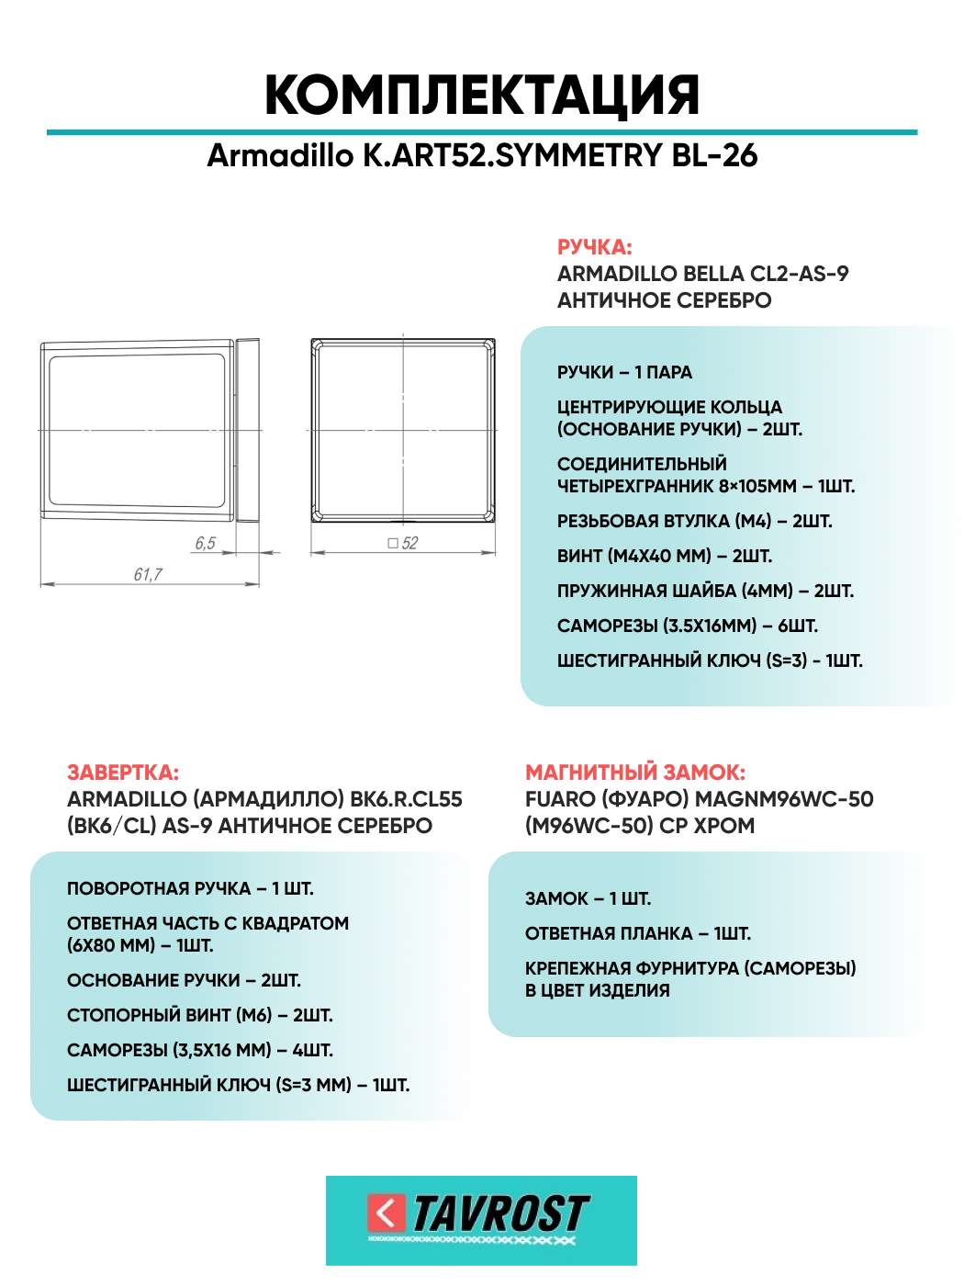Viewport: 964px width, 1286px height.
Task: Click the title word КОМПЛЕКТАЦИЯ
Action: pos(482,95)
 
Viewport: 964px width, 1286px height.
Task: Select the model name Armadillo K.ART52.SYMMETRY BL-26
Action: pos(482,155)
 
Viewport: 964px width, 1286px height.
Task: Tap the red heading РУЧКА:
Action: pos(594,247)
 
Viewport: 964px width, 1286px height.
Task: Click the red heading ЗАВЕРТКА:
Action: pos(123,773)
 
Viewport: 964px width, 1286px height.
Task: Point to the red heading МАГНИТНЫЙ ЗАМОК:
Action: pos(635,773)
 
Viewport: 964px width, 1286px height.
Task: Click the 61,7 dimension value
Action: pos(148,574)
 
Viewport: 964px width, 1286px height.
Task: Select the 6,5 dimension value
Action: pos(205,543)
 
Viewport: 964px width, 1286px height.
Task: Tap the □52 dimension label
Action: pos(403,543)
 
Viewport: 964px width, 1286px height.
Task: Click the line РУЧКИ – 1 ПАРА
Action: pos(624,372)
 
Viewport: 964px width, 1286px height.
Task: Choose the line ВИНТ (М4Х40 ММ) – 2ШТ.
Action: pos(665,556)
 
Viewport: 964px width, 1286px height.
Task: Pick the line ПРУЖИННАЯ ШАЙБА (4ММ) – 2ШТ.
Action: pos(705,591)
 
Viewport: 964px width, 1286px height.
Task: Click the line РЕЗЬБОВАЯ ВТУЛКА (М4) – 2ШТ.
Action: pos(694,521)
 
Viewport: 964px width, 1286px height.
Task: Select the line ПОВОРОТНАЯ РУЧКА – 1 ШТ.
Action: pos(190,888)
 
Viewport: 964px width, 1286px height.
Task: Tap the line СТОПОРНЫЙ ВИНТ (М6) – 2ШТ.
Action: pos(200,1015)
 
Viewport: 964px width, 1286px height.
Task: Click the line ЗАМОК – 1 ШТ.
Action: pos(588,898)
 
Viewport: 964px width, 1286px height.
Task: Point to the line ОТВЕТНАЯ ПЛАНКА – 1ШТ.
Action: pos(638,933)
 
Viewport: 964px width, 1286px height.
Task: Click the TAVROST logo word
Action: pos(500,1213)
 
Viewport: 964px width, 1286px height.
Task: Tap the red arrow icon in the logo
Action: pos(386,1213)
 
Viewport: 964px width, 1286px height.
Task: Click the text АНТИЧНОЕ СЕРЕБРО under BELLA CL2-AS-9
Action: pos(664,300)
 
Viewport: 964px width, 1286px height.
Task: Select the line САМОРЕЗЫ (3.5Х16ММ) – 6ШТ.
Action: pos(688,626)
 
